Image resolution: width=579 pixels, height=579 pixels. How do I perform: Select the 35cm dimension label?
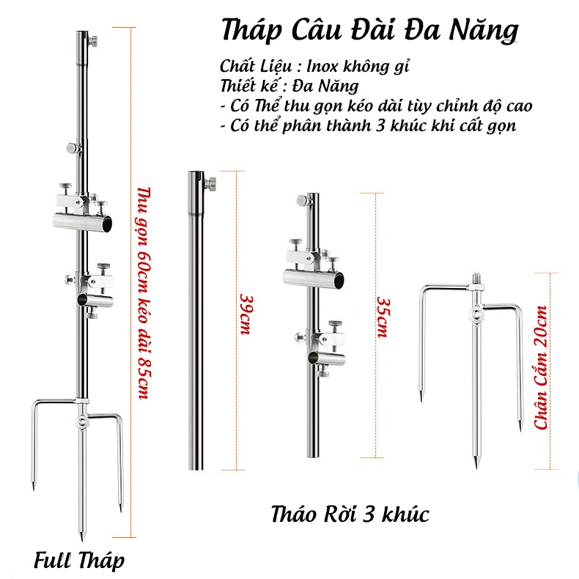[x=382, y=317]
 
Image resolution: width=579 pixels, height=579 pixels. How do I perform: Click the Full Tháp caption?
[x=78, y=561]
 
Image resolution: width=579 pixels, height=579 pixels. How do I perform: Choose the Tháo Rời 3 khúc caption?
[x=348, y=514]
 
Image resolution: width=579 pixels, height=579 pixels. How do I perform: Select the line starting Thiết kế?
[x=289, y=85]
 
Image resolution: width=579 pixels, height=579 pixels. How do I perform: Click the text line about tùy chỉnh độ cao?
[x=376, y=105]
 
